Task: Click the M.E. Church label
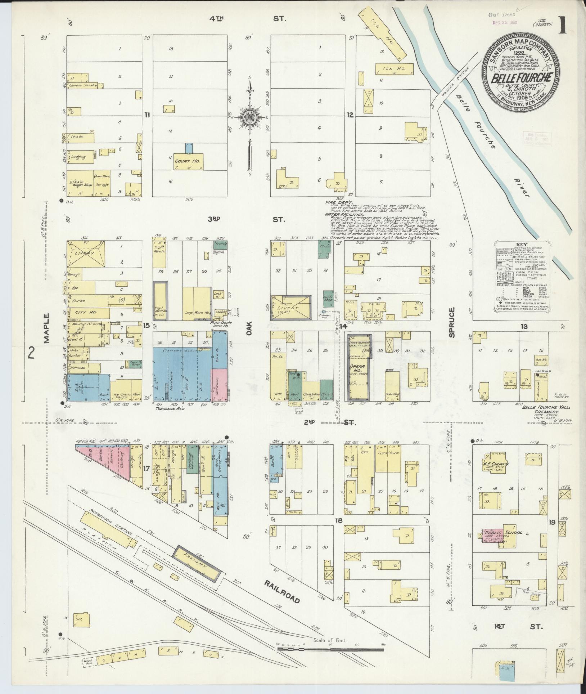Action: point(496,464)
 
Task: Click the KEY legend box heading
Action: point(520,244)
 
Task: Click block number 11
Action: point(147,115)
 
